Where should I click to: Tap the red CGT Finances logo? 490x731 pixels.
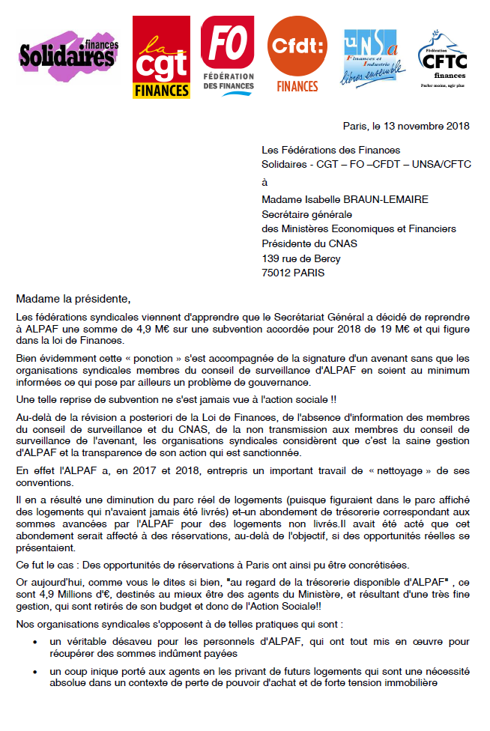coord(161,58)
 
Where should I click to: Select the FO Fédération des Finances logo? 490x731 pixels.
coord(228,55)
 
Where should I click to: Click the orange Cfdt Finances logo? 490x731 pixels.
coord(297,55)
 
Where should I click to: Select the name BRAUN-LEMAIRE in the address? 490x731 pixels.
coord(360,200)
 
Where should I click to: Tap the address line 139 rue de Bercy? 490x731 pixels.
coord(300,258)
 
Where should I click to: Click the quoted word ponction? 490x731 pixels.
coord(145,358)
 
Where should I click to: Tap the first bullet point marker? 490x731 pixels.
coord(37,643)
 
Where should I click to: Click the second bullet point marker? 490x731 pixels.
coord(37,673)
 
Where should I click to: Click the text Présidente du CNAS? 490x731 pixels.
coord(309,243)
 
